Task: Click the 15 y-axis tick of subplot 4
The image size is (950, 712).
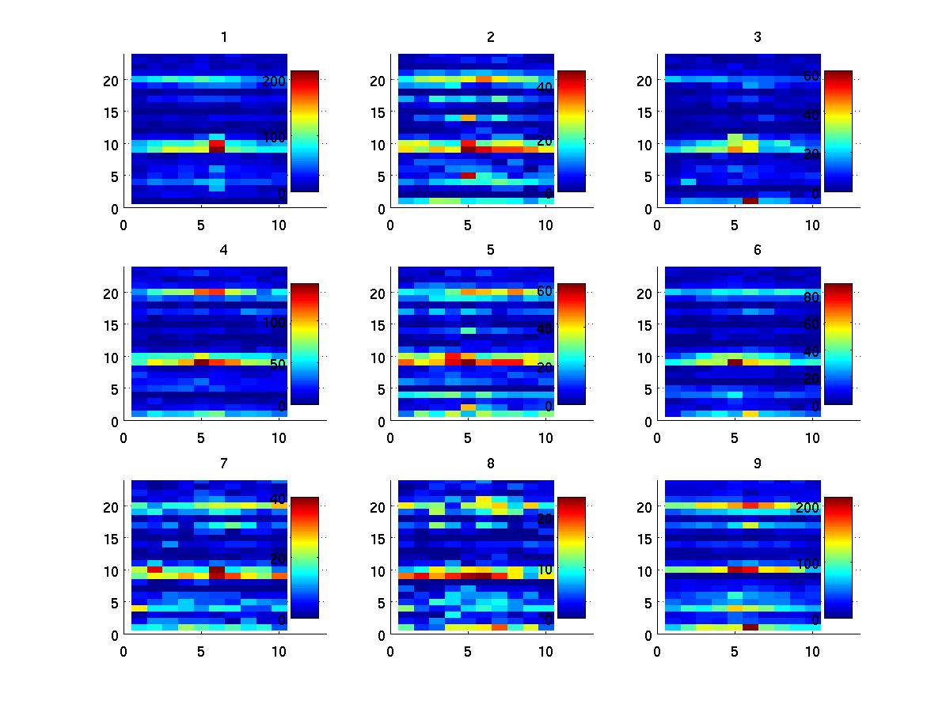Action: [111, 325]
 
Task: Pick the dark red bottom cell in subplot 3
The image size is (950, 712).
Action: [750, 200]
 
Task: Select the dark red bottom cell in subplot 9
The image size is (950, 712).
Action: [750, 627]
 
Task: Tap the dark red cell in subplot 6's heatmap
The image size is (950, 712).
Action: [735, 362]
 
